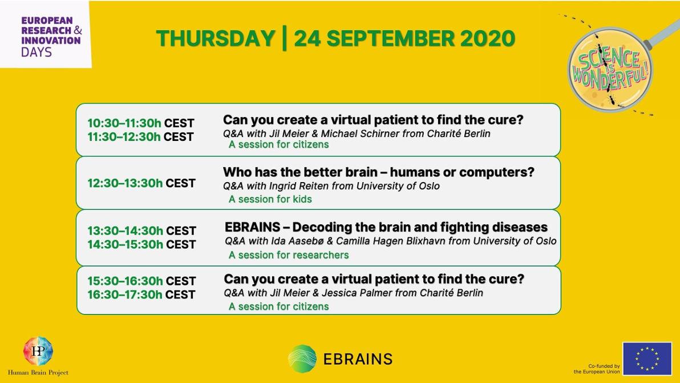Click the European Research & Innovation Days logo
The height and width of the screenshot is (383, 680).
click(51, 37)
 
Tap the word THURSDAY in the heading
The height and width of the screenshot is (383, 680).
click(216, 38)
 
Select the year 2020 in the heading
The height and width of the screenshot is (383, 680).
click(487, 38)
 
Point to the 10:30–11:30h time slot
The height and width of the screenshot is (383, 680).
click(124, 123)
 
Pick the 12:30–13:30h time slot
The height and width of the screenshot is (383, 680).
click(125, 183)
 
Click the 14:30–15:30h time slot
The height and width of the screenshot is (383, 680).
click(126, 245)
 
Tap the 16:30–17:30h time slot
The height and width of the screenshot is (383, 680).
click(125, 295)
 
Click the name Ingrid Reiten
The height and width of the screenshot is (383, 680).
click(299, 186)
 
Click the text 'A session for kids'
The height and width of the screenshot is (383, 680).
click(270, 199)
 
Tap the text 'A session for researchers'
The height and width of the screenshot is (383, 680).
click(289, 255)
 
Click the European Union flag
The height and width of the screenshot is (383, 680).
click(647, 358)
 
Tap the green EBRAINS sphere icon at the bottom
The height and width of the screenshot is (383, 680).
click(302, 358)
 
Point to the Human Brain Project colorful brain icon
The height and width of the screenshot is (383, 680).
click(38, 351)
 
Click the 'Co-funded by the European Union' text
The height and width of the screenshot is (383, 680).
click(597, 369)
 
